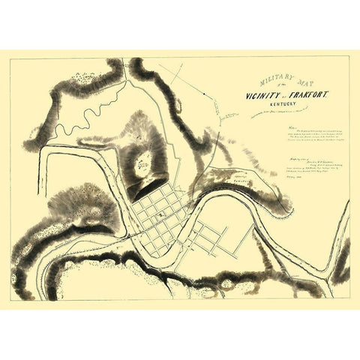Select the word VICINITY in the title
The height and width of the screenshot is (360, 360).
pos(265,97)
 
